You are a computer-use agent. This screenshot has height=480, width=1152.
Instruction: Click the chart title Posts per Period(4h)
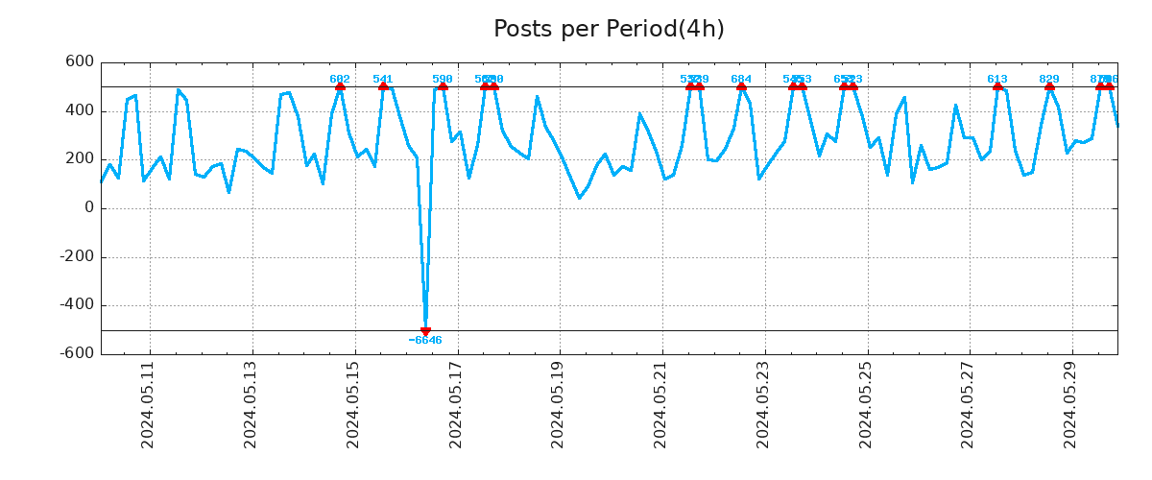point(609,30)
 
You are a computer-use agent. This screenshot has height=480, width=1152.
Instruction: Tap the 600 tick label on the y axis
point(79,62)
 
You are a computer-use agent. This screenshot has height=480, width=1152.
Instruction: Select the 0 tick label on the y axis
point(89,208)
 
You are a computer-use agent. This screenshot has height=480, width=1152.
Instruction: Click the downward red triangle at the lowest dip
point(425,331)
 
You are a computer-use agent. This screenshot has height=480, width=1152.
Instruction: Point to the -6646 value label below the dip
point(425,341)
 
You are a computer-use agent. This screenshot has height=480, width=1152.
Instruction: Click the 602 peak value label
point(340,80)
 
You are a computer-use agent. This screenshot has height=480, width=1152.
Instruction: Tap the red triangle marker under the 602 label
point(340,87)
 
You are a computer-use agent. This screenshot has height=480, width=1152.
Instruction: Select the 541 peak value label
point(383,80)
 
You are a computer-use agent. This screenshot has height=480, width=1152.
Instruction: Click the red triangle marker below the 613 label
point(997,87)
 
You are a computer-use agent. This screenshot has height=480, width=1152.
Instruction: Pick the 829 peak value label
point(1049,80)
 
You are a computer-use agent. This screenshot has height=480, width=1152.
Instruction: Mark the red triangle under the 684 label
point(741,87)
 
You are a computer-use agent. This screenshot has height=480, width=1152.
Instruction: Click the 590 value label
point(443,80)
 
